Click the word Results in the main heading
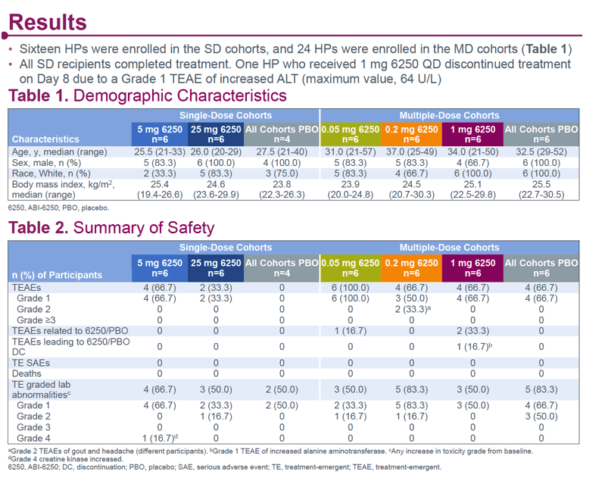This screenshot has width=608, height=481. pyautogui.click(x=48, y=22)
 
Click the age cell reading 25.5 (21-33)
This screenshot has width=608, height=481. pyautogui.click(x=160, y=151)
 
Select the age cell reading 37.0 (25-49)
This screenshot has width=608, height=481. pyautogui.click(x=411, y=151)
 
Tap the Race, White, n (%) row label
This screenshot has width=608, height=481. pyautogui.click(x=51, y=173)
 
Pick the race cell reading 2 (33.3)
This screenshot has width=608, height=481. pyautogui.click(x=160, y=173)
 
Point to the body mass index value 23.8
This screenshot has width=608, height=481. pyautogui.click(x=282, y=184)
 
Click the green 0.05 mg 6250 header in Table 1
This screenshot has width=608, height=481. pyautogui.click(x=350, y=134)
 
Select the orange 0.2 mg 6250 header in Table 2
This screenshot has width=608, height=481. pyautogui.click(x=411, y=268)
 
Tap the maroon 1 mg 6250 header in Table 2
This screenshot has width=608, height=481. pyautogui.click(x=472, y=268)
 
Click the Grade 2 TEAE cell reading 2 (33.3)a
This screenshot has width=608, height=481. pyautogui.click(x=413, y=309)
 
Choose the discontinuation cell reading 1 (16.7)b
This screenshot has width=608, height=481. pyautogui.click(x=474, y=346)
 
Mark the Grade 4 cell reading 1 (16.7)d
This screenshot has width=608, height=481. pyautogui.click(x=160, y=438)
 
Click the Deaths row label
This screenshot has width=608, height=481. pyautogui.click(x=27, y=373)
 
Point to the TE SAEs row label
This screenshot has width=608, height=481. pyautogui.click(x=31, y=363)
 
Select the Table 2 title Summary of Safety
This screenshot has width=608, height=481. pyautogui.click(x=144, y=228)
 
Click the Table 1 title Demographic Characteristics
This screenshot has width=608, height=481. pyautogui.click(x=180, y=95)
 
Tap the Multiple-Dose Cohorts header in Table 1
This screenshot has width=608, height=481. pyautogui.click(x=450, y=116)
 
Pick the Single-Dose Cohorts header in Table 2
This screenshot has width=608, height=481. pyautogui.click(x=226, y=248)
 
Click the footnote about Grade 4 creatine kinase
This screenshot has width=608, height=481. pyautogui.click(x=66, y=459)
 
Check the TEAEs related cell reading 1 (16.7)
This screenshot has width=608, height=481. pyautogui.click(x=350, y=331)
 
